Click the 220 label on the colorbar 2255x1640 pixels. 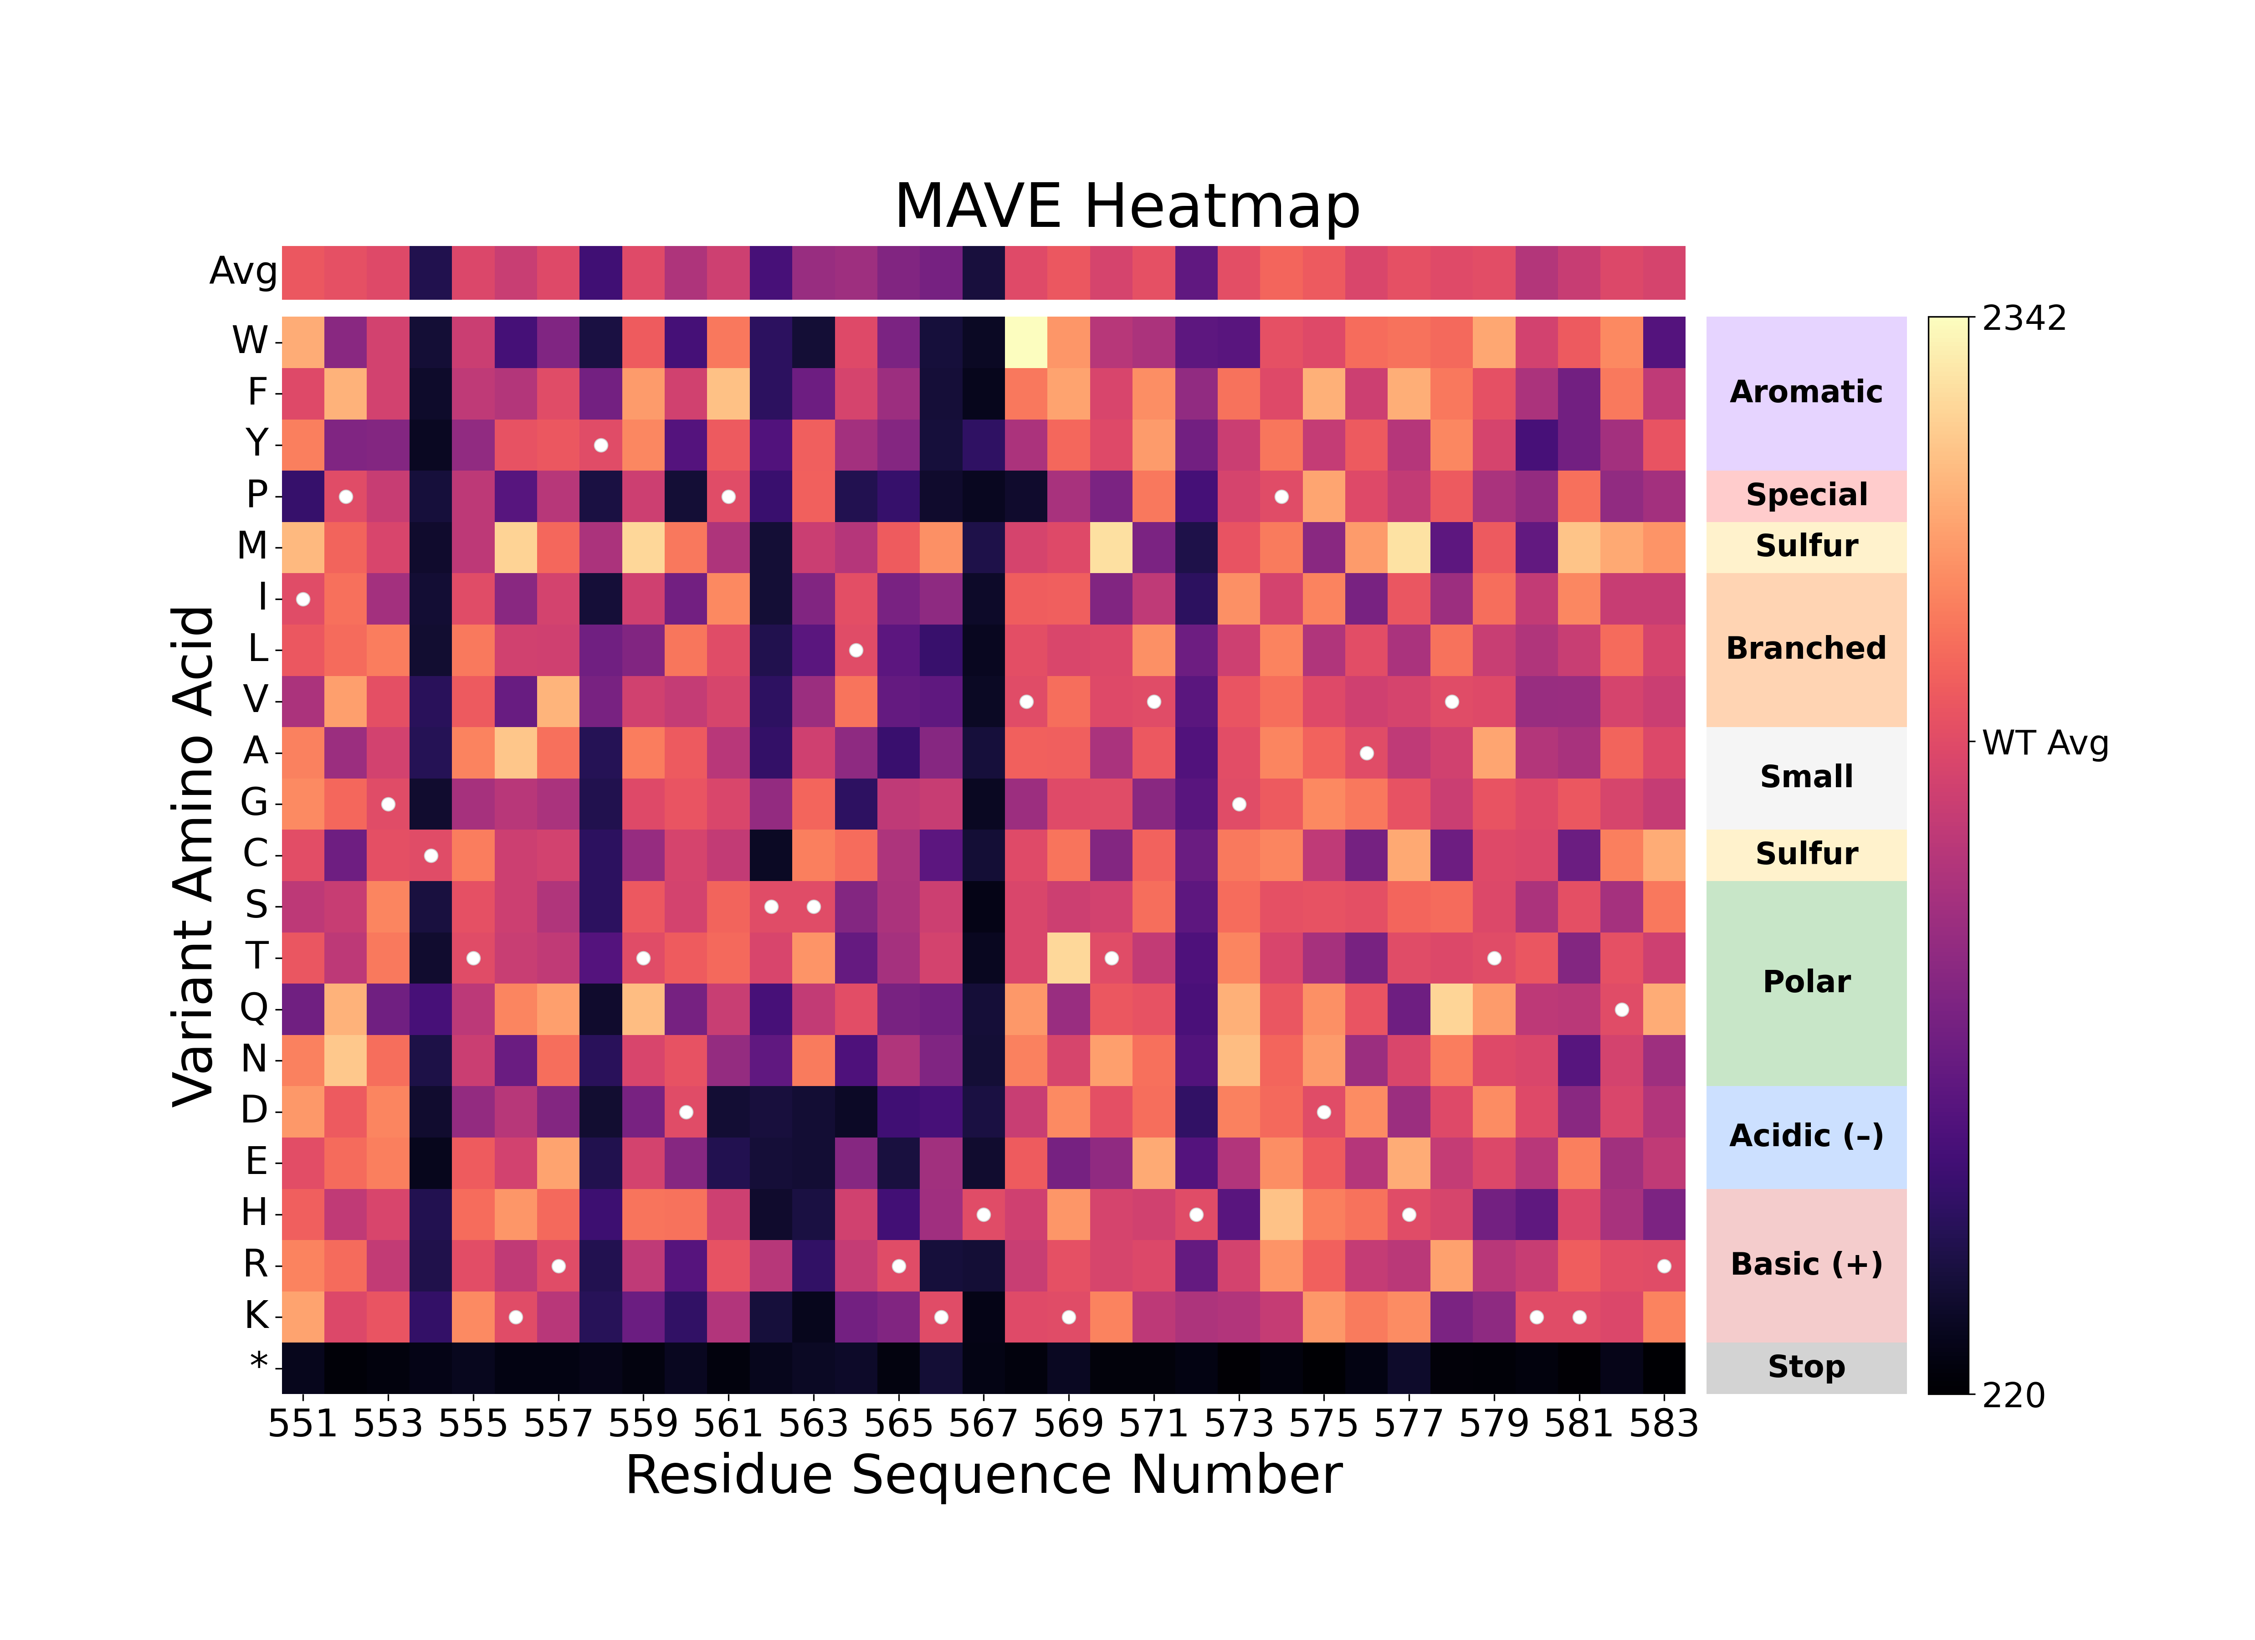pos(2014,1395)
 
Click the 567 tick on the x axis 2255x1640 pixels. pos(984,1424)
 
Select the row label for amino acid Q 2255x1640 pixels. pos(255,1009)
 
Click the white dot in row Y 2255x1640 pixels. pos(600,445)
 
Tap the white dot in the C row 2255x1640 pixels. pos(430,856)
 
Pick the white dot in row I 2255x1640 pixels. pos(303,599)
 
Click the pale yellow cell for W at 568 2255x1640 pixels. pos(1026,342)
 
